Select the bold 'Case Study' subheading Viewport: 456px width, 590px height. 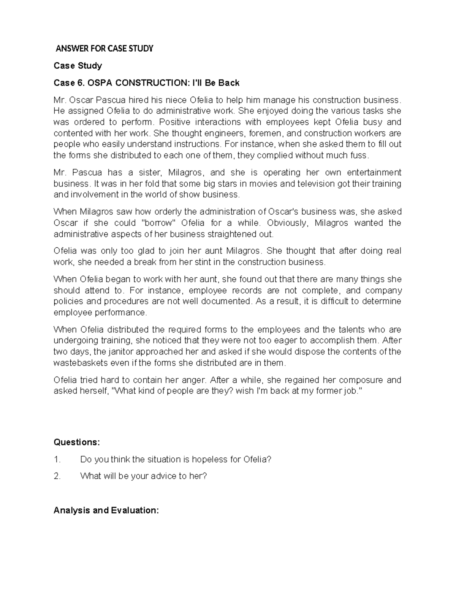pyautogui.click(x=78, y=66)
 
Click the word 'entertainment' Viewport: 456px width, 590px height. pyautogui.click(x=374, y=172)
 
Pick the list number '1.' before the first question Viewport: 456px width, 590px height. pyautogui.click(x=57, y=459)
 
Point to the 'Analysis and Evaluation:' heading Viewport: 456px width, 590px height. pyautogui.click(x=106, y=510)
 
